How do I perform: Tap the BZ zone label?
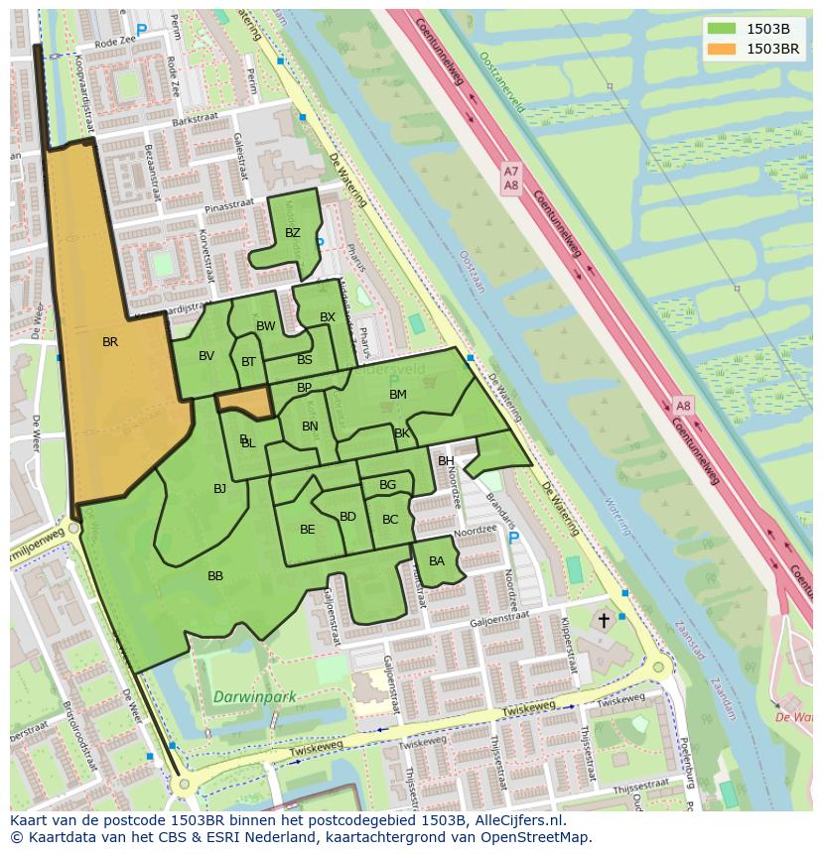coord(292,234)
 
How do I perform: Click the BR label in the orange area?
coord(110,342)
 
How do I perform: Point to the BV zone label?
coord(206,357)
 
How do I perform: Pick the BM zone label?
coord(398,395)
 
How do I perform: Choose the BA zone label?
coord(437,561)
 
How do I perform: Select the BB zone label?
coord(215,576)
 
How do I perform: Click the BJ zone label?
coord(219,489)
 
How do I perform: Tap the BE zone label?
coord(307,530)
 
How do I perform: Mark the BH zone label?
coord(446,461)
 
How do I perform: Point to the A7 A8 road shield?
coord(510,179)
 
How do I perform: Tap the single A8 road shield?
coord(683,406)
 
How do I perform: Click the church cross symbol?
coord(603,620)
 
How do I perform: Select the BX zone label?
coord(328,317)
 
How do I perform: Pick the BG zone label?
coord(387,485)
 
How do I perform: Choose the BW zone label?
coord(266,326)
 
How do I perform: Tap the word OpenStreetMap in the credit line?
coord(541,837)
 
